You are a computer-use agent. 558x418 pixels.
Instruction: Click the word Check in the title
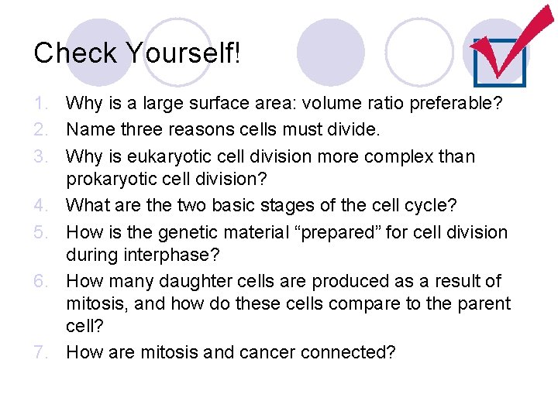(x=76, y=53)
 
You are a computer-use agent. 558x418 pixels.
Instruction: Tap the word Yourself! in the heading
(x=184, y=53)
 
